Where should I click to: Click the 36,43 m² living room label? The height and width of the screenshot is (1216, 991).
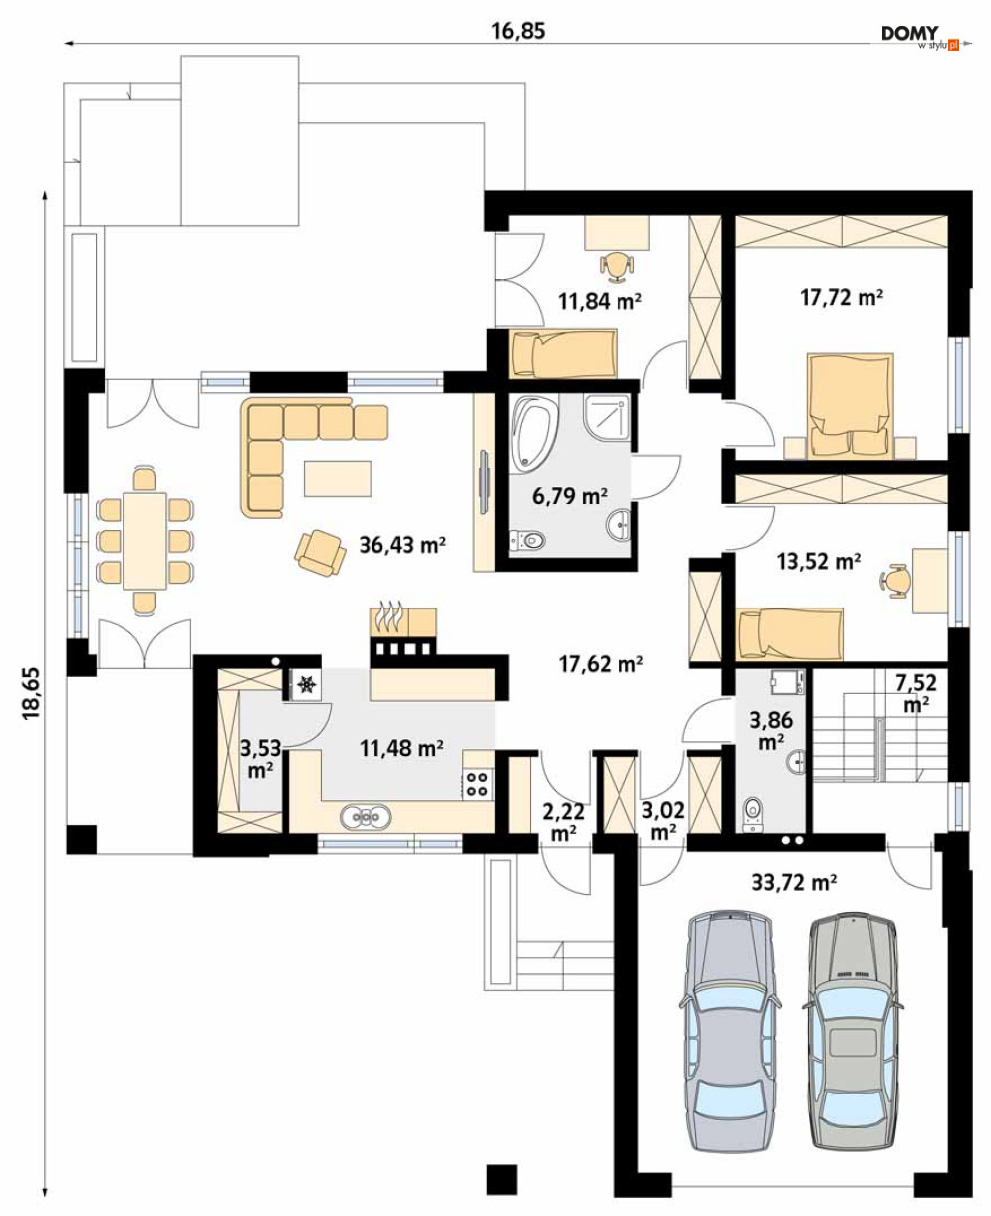coord(402,545)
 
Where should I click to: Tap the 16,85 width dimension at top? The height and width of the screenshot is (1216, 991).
coord(518,31)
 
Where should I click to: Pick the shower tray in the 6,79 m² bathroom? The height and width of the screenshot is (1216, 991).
coord(607,419)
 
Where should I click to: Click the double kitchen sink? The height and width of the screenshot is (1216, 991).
coord(366,817)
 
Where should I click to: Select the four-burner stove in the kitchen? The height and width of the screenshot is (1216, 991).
coord(477,783)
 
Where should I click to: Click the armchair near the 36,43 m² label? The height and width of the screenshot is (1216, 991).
coord(320,552)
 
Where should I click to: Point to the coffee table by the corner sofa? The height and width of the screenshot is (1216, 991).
coord(338,478)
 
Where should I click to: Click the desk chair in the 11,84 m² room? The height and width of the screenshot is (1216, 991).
coord(618,267)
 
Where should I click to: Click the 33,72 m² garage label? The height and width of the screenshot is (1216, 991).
coord(794,883)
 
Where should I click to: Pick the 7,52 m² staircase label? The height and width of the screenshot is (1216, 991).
coord(916,693)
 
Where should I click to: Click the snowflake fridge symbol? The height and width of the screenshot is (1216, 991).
coord(307,684)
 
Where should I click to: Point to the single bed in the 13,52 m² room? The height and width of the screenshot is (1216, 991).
coord(790,633)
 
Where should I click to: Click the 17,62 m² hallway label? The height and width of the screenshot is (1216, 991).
coord(602,664)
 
